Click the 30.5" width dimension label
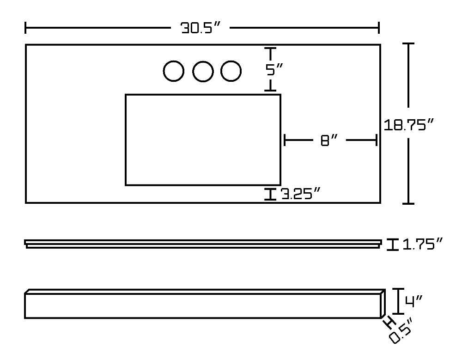201,28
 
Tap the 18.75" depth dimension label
409,125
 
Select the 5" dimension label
274,70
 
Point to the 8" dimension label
329,140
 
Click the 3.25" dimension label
300,194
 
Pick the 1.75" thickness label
422,244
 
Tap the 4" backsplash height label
413,301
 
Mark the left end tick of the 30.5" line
25,28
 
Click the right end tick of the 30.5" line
379,28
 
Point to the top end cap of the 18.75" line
408,43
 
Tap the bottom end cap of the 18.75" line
408,203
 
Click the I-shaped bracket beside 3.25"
270,194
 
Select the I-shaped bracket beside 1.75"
392,244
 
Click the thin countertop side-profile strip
203,244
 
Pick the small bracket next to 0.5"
389,322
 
